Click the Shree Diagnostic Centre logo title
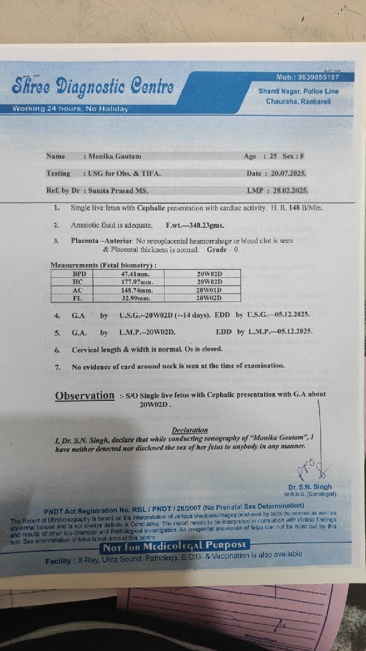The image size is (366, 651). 92,87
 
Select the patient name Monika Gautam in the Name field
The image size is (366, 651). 115,156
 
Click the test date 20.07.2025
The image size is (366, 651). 285,174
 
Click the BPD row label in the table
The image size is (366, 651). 77,274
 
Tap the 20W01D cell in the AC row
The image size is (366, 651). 209,289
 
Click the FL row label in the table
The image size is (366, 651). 77,298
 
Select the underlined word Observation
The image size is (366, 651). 84,396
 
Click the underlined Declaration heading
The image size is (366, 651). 189,430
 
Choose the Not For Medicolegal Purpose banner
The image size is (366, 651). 175,547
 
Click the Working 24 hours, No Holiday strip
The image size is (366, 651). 71,109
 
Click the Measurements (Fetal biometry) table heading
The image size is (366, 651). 104,265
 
